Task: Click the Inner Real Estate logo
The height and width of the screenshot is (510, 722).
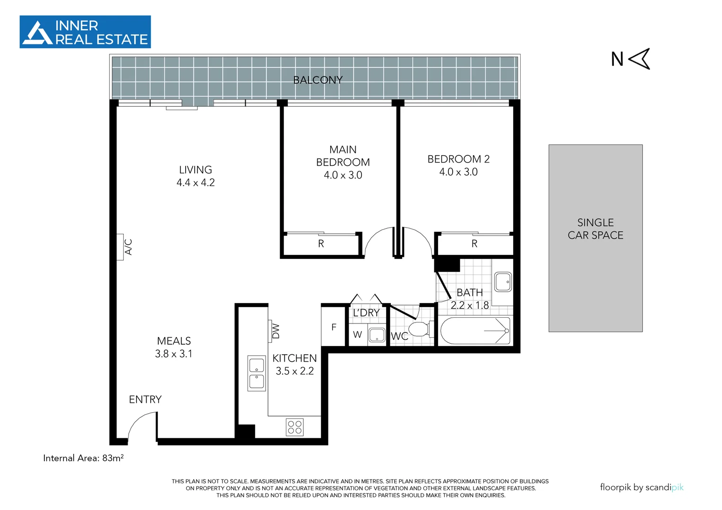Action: pos(85,32)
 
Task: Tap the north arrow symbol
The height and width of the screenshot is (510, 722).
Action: pos(639,59)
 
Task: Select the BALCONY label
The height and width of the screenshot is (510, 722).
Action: pos(318,80)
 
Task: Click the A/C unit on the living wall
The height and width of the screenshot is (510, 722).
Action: pos(120,247)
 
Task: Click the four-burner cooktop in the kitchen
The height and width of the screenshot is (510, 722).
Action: pos(295,427)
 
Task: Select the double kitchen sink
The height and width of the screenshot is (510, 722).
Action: pos(257,373)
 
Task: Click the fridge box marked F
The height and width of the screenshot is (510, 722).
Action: pos(334,327)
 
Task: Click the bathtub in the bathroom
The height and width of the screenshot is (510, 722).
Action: pos(475,331)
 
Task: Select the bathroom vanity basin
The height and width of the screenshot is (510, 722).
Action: pos(503,282)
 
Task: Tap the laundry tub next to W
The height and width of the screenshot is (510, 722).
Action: pos(377,335)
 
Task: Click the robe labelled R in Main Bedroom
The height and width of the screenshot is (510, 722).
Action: pos(321,244)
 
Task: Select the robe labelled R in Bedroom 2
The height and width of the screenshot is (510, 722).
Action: pos(474,244)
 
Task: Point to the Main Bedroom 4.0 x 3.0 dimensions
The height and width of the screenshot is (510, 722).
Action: pos(343,175)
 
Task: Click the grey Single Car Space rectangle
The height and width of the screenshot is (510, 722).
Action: pos(595,238)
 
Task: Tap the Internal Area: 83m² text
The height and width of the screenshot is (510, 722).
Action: pos(83,458)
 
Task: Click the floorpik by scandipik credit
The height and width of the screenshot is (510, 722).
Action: pos(641,487)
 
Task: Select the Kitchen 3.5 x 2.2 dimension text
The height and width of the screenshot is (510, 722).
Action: pos(295,371)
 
